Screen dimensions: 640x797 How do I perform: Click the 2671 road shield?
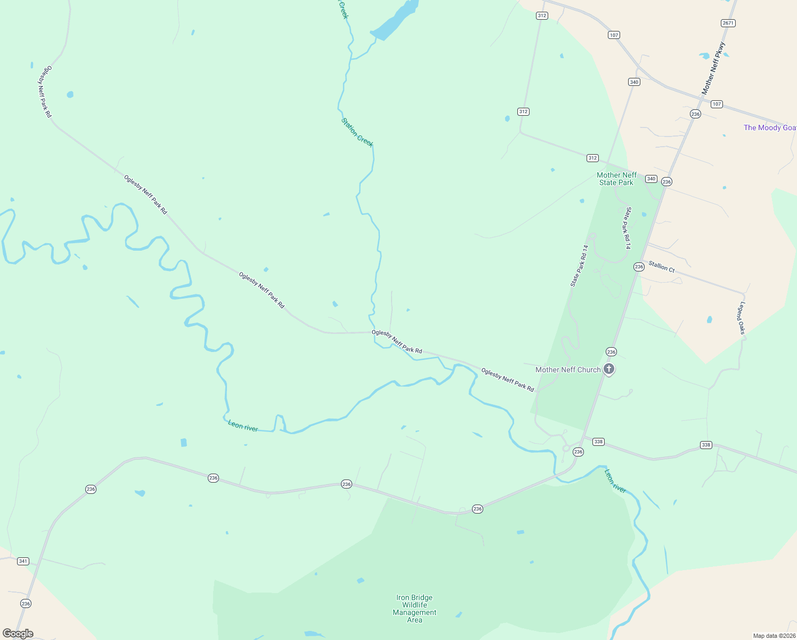click(728, 23)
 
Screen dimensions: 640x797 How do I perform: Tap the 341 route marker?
click(23, 561)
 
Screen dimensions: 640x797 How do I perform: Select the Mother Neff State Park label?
click(616, 179)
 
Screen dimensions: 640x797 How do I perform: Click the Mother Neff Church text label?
click(568, 370)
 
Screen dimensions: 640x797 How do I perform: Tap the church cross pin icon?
click(609, 369)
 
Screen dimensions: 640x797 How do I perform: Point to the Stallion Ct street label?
click(662, 267)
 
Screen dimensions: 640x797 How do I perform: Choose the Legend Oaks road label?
click(742, 318)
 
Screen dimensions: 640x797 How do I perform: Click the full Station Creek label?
click(357, 132)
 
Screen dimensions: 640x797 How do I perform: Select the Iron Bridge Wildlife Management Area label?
click(414, 609)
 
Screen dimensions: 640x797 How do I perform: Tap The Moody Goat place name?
click(769, 127)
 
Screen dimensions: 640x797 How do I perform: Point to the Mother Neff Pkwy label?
click(713, 68)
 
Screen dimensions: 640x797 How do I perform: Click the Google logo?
click(18, 634)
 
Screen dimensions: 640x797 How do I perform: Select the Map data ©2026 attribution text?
click(774, 636)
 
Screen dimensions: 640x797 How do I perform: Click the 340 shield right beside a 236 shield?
click(651, 179)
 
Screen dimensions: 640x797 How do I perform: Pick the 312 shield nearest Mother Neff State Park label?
click(592, 158)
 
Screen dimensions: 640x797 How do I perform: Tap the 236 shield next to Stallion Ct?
click(639, 267)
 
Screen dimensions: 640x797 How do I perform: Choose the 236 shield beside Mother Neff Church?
click(611, 351)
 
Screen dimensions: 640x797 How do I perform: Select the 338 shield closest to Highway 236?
click(598, 442)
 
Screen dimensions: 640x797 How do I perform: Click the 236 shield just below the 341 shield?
click(26, 603)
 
